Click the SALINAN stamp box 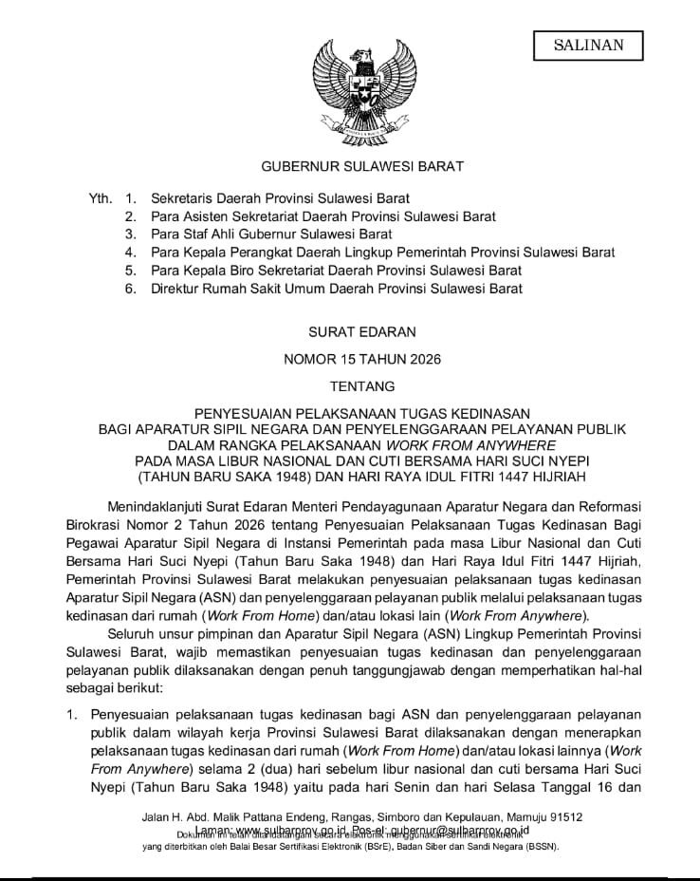point(588,45)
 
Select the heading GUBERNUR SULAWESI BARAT point(349,166)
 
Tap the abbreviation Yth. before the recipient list point(100,198)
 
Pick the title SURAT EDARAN point(349,333)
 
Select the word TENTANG point(349,386)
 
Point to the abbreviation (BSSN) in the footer point(539,846)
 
